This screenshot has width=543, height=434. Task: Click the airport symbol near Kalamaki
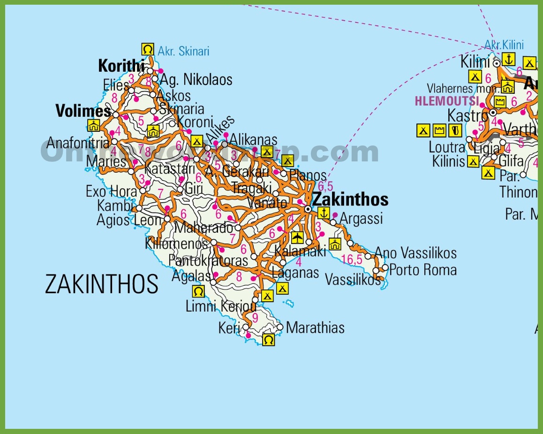pos(297,237)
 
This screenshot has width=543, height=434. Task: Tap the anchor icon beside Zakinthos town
pos(324,213)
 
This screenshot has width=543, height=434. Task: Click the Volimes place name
pos(83,111)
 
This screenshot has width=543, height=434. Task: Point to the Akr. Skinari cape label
pos(183,51)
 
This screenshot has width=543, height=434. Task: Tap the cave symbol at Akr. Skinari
pos(148,49)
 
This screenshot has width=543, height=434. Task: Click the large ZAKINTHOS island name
pos(102,284)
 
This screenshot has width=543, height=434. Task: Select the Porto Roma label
pos(423,270)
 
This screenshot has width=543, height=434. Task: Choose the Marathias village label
pos(315,327)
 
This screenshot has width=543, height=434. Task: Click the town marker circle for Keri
pos(246,327)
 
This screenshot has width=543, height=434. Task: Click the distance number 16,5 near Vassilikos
pos(352,259)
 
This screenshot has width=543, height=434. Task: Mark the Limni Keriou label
pos(221,306)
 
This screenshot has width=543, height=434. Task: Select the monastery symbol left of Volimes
pos(94,125)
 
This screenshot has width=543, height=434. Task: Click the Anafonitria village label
pos(78,143)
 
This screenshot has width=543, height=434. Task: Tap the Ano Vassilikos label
pos(415,253)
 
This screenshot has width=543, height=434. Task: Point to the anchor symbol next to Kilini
pos(508,60)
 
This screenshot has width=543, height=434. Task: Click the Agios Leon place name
pos(129,220)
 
